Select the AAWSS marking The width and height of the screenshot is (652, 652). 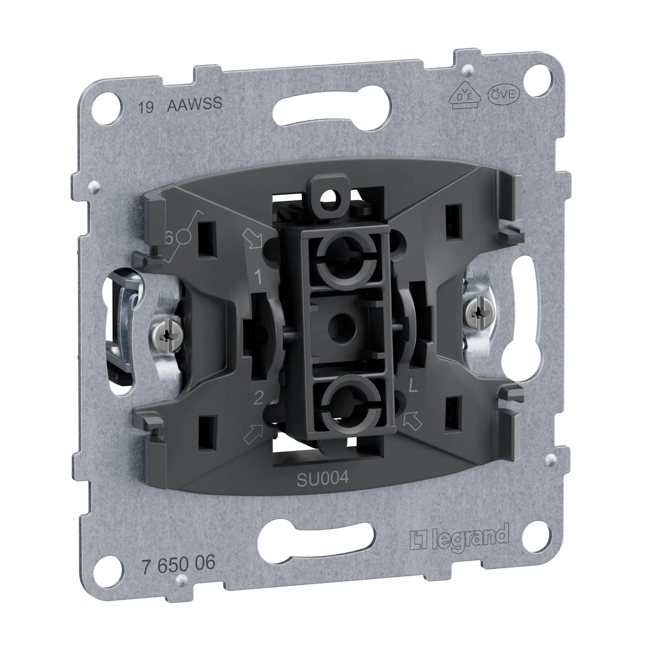(195, 104)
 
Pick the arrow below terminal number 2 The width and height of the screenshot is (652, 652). (252, 434)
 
